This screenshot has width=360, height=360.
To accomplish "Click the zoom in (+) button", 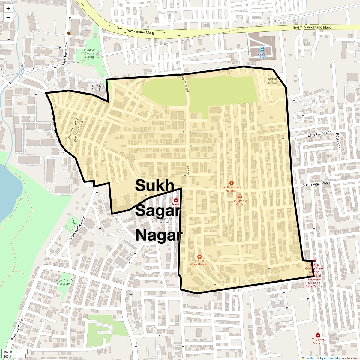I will pos(8,9).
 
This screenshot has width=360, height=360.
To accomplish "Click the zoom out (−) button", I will pos(8,17).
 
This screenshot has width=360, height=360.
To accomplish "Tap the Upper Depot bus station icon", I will pos(262,49).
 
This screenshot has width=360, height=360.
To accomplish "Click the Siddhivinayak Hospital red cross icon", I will pos(231,183).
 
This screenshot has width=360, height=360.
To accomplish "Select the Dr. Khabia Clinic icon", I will pos(240,196).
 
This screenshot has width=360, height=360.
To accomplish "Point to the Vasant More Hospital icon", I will pos(199,257).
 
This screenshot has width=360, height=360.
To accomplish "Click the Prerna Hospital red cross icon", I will pos(176,200).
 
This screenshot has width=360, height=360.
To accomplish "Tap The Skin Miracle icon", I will pos(318,335).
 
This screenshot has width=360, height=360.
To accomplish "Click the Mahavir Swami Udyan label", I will pos(85,53).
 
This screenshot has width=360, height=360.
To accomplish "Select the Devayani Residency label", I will pos(99,88).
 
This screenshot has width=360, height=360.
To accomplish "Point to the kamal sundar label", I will pos(272,81).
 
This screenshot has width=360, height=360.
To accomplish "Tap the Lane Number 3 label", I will pos(319,134).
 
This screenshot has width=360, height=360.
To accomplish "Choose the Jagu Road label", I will pos(338,141).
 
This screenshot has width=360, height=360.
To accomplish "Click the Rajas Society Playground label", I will pos(65,282).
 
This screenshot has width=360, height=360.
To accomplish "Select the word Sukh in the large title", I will pos(154,185).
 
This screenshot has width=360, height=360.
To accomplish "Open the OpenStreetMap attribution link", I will pos(330,358).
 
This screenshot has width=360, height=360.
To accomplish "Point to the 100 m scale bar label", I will pos(8,352).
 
